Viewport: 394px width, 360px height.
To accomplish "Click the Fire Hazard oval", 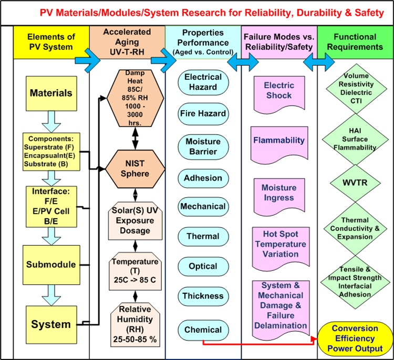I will pyautogui.click(x=203, y=113).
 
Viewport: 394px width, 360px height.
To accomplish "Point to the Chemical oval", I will pyautogui.click(x=203, y=330).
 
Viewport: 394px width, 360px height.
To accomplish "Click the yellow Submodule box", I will pyautogui.click(x=51, y=264).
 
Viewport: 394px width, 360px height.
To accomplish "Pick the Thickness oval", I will pyautogui.click(x=203, y=296).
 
